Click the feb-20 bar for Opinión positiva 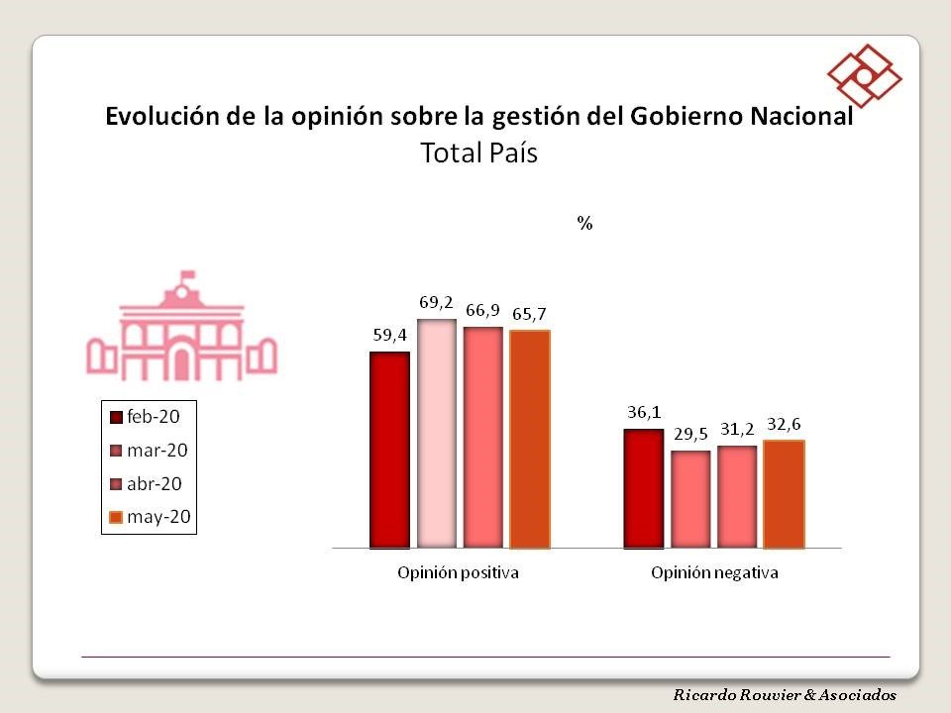(x=389, y=450)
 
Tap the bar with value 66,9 (x=482, y=437)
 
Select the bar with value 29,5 (x=690, y=499)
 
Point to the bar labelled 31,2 (x=737, y=496)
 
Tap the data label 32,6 (x=785, y=424)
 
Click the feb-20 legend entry (x=149, y=416)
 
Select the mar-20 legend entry (x=149, y=451)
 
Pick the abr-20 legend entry (x=149, y=484)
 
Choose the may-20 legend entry (x=149, y=517)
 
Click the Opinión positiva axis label (x=459, y=572)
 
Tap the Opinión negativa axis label (x=714, y=572)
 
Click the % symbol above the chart (x=585, y=224)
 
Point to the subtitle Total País (x=478, y=153)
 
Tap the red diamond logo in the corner (x=864, y=75)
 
